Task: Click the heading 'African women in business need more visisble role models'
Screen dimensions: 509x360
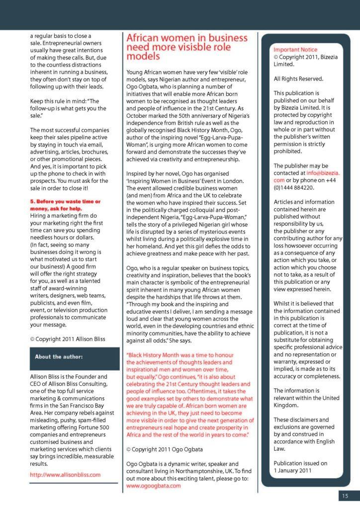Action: [x=186, y=47]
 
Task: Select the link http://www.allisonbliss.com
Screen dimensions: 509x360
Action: [x=65, y=474]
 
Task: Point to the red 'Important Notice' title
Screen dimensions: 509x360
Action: [x=295, y=50]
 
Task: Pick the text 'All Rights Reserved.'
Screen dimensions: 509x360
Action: [x=298, y=79]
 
